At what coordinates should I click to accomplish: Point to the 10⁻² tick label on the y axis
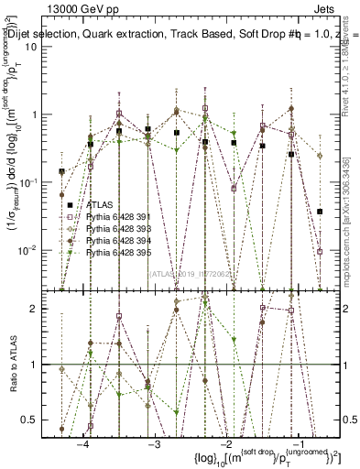(x=39, y=250)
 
